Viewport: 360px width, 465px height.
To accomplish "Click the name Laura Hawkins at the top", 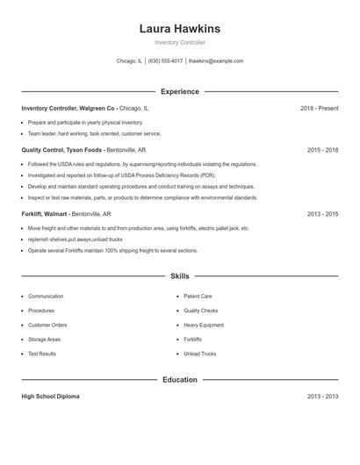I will (x=180, y=29).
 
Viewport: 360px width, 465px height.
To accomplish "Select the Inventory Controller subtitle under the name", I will (x=180, y=42).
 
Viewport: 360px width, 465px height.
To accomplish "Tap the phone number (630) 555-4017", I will (x=165, y=61).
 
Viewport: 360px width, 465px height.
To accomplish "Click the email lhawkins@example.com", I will (x=216, y=61).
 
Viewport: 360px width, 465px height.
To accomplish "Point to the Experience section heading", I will (x=180, y=91).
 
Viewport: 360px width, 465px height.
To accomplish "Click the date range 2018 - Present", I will (x=319, y=108).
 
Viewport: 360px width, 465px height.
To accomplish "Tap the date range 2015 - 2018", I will (x=322, y=150).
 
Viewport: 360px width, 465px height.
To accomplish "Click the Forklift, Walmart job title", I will (x=46, y=213).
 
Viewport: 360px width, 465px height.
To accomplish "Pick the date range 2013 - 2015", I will (x=322, y=213).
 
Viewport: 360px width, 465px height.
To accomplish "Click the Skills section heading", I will (x=180, y=275).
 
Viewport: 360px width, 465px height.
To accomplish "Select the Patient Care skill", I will (x=198, y=297).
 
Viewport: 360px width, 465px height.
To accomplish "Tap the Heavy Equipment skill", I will (x=204, y=325).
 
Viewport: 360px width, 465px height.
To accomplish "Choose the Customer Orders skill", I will (x=47, y=325).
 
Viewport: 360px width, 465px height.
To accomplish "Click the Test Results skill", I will (x=42, y=354).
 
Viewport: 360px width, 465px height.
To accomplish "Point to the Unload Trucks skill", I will (x=200, y=354).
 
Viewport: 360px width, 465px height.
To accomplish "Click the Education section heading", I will (x=180, y=380).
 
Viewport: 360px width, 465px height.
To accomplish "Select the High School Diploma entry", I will (x=50, y=397).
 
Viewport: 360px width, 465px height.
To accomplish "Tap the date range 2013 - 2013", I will (x=322, y=397).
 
